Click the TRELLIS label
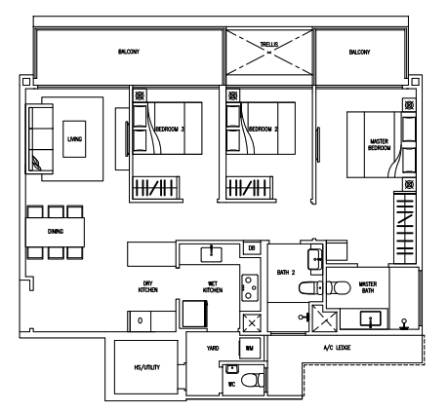269,44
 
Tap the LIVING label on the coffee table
74,139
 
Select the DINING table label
56,231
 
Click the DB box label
252,248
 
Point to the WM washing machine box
250,349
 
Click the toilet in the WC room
253,379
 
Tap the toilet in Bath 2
310,288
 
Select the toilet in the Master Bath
339,287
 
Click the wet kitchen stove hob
250,287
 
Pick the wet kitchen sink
211,254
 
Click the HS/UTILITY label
147,367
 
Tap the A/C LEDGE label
337,348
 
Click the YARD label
213,348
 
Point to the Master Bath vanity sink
370,318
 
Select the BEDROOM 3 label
170,129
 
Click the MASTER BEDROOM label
379,144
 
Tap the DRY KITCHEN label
147,286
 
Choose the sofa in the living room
40,138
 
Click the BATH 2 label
286,272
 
